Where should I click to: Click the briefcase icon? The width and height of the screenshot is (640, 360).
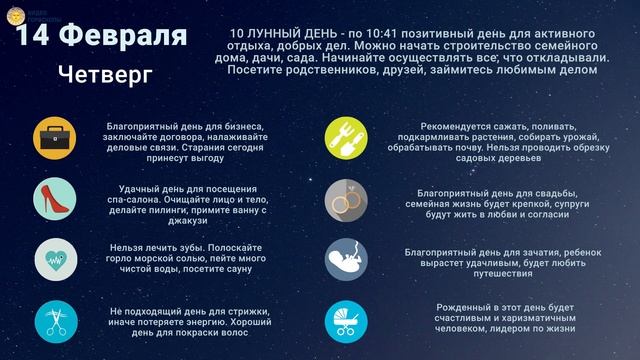pos(54,137)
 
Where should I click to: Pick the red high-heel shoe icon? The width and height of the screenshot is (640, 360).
pos(54,198)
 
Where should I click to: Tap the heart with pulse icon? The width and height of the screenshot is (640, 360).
pos(54,258)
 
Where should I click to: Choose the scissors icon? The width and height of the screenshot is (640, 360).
pos(54,319)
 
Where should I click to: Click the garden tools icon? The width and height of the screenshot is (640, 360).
pos(346,137)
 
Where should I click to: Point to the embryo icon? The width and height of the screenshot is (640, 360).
pos(346,259)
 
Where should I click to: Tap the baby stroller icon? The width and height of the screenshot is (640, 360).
pos(346,320)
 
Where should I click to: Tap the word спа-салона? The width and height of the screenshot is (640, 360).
pos(148,199)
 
